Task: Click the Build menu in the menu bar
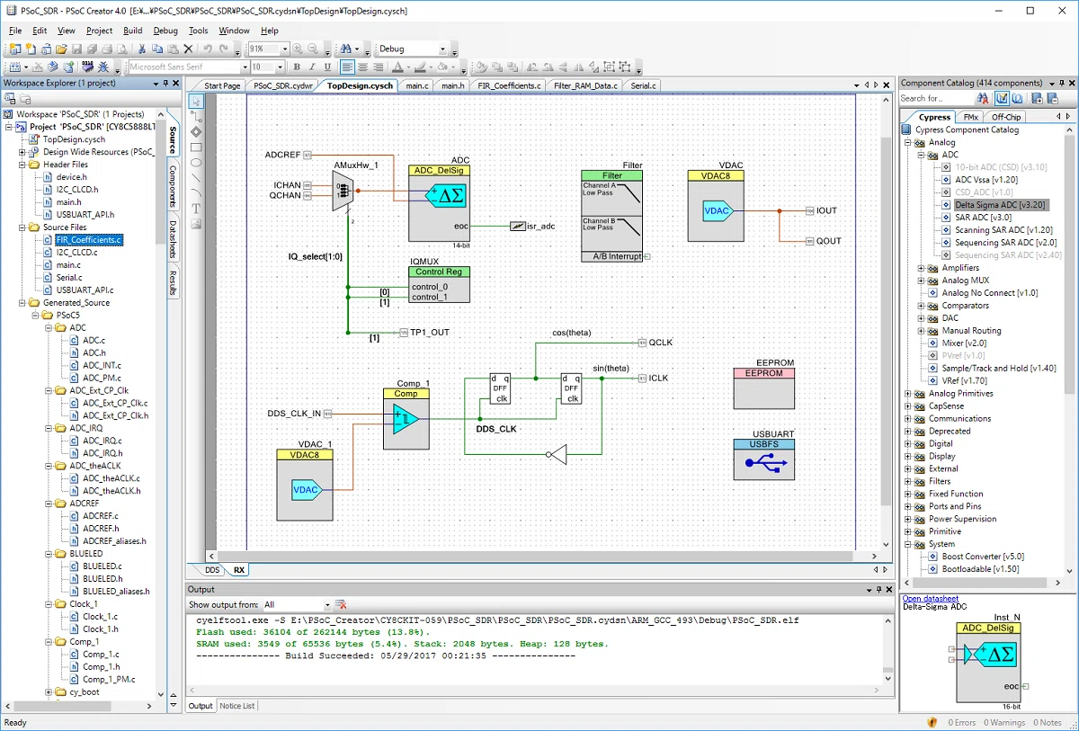tap(132, 31)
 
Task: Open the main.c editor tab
tap(416, 85)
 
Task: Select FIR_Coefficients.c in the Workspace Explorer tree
tap(89, 240)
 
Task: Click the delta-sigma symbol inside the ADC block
tap(446, 195)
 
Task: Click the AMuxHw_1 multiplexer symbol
tap(343, 192)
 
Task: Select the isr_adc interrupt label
tap(540, 226)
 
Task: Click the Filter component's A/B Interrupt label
tap(617, 256)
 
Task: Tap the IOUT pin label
tap(826, 210)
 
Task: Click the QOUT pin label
tap(828, 241)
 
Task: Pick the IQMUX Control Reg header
tap(439, 272)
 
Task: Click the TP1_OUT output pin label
tap(430, 333)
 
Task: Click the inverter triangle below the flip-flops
tap(557, 455)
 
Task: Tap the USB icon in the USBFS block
tap(765, 463)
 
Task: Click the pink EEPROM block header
tap(764, 373)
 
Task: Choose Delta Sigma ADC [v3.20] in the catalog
tap(1000, 205)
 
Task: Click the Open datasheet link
tap(930, 598)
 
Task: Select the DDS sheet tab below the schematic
tap(212, 570)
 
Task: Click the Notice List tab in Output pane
tap(237, 706)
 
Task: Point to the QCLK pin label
tap(660, 343)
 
